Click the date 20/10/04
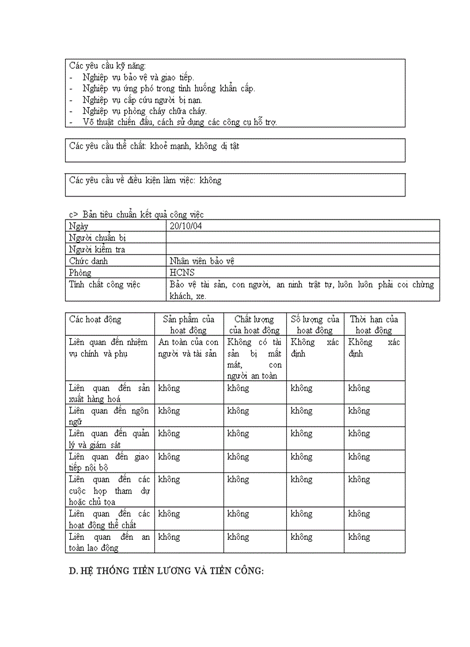tap(185, 226)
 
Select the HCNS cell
tap(182, 272)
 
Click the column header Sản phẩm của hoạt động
tap(188, 324)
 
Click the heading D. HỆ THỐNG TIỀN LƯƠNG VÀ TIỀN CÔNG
tap(166, 571)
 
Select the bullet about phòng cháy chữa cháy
tap(144, 111)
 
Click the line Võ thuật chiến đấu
tap(179, 122)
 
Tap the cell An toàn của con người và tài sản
tap(188, 347)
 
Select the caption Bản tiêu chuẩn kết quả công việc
tap(143, 214)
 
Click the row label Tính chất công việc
tap(104, 284)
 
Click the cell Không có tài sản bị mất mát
tap(254, 358)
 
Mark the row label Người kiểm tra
tap(97, 249)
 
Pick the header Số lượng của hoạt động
tap(314, 324)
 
